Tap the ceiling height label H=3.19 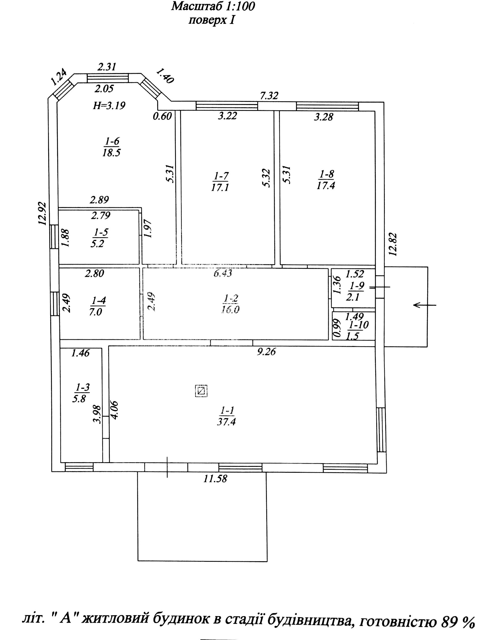tap(109, 106)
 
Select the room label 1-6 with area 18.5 tap(111, 147)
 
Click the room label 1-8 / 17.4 tap(326, 179)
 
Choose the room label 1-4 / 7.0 tap(97, 307)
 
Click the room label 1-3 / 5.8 tap(81, 393)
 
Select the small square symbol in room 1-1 tap(201, 391)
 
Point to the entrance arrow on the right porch tap(425, 305)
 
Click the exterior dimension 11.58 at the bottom tap(215, 478)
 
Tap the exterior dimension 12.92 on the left tap(42, 213)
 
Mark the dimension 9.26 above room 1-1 tap(266, 352)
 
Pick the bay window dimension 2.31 tap(106, 67)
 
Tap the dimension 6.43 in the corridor tap(223, 273)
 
